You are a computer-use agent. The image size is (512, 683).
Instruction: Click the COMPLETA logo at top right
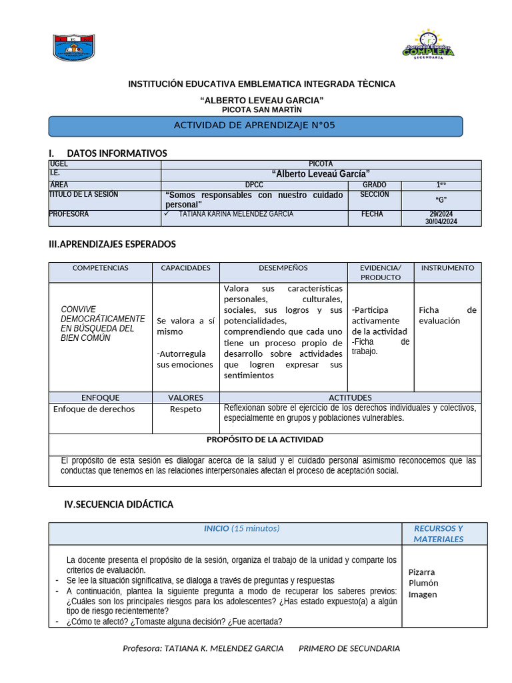428,45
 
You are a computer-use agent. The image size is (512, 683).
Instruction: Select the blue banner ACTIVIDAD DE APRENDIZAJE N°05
255,125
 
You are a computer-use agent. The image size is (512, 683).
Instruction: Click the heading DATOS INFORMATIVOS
117,153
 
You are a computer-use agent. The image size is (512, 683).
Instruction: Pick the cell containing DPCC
254,185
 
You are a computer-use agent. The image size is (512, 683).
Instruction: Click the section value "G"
441,200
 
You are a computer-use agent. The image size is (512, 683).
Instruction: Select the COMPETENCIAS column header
100,268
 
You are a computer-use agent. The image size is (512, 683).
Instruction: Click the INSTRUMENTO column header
447,268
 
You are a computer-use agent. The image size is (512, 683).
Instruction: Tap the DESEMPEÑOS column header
283,268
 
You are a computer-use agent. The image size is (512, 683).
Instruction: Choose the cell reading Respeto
185,409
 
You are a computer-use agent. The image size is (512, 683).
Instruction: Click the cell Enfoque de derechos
94,409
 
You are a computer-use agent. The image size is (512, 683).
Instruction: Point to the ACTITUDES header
350,398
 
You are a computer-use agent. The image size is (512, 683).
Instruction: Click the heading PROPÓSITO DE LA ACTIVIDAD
265,440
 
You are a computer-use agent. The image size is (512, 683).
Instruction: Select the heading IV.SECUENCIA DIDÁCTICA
119,504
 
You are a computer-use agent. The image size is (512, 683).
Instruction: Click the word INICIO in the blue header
216,528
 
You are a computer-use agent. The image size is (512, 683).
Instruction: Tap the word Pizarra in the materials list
421,572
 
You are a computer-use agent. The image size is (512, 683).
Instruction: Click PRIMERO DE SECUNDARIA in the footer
349,648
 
